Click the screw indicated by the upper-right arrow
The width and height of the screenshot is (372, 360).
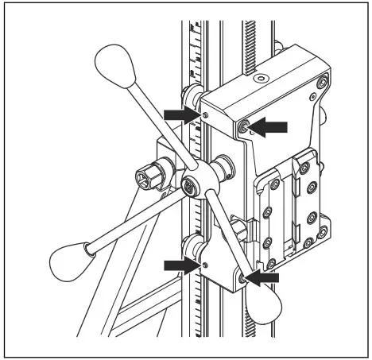(245, 124)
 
